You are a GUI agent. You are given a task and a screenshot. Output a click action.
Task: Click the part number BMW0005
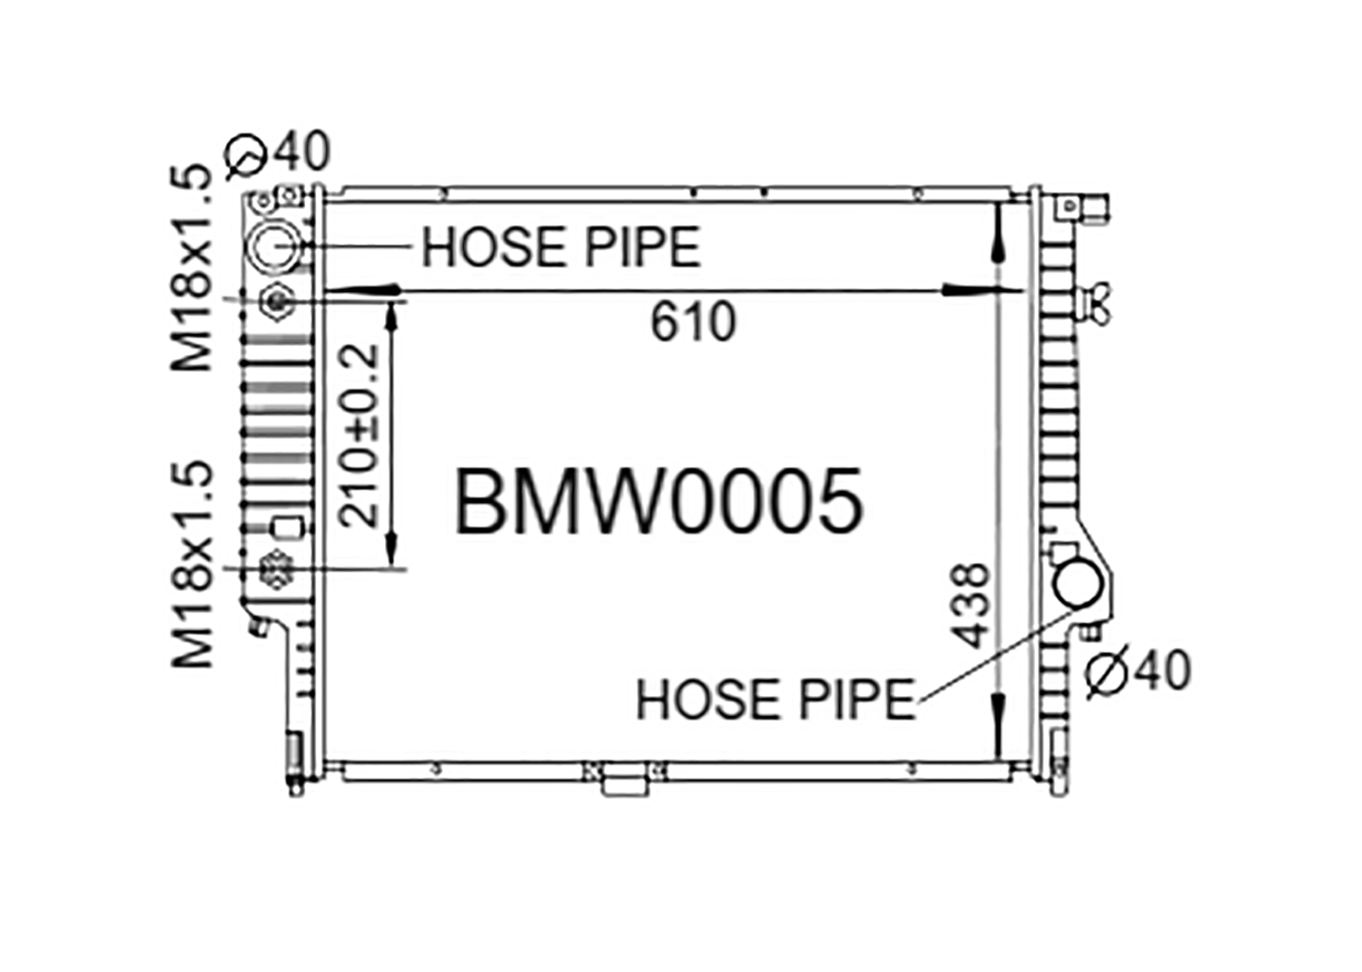click(659, 502)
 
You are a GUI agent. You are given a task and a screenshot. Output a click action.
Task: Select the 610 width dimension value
click(693, 322)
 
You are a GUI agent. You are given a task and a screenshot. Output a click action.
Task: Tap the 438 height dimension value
click(971, 605)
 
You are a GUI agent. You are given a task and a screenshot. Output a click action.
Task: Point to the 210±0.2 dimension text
click(359, 436)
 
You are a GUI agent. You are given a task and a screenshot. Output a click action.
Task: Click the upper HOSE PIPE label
click(561, 248)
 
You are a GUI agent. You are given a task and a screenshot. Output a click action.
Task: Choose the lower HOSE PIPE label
click(775, 700)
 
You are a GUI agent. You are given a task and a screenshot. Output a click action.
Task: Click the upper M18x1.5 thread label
click(192, 269)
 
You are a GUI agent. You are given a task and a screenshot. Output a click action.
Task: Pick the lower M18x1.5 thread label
click(192, 565)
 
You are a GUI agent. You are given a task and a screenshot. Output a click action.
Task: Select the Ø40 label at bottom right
click(1138, 671)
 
